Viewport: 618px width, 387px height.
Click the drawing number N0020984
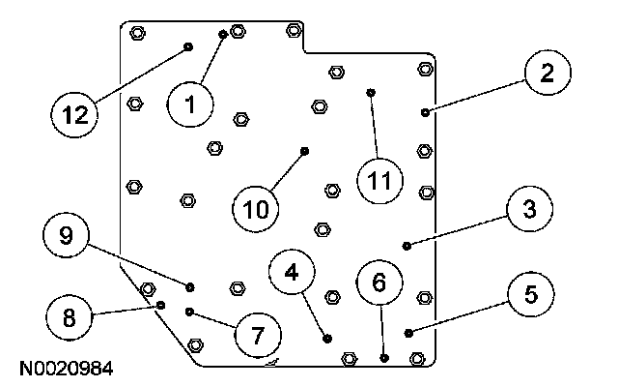tap(64, 370)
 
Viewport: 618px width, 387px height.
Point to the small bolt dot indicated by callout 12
tap(188, 45)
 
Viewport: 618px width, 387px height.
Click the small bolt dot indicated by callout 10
tap(305, 150)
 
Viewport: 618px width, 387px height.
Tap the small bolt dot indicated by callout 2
tap(426, 112)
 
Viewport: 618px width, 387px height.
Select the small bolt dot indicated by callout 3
tap(407, 245)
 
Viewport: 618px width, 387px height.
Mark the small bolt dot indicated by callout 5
tap(409, 333)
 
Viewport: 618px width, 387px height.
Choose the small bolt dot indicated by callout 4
tap(328, 339)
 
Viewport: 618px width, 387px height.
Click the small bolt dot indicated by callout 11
tap(371, 93)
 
